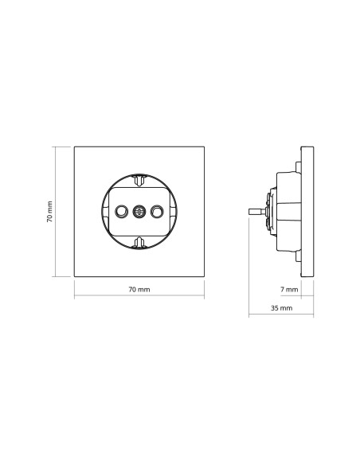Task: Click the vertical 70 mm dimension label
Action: pyautogui.click(x=49, y=212)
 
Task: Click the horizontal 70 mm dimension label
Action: pyautogui.click(x=139, y=289)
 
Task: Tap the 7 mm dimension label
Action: pyautogui.click(x=289, y=289)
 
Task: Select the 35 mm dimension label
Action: pyautogui.click(x=281, y=308)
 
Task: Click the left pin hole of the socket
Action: pyautogui.click(x=121, y=212)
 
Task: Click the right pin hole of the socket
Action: pyautogui.click(x=157, y=212)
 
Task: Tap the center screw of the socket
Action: pyautogui.click(x=139, y=212)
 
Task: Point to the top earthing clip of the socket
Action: pyautogui.click(x=139, y=180)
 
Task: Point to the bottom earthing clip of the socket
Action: pyautogui.click(x=139, y=242)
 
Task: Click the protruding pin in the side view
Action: pyautogui.click(x=256, y=212)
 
